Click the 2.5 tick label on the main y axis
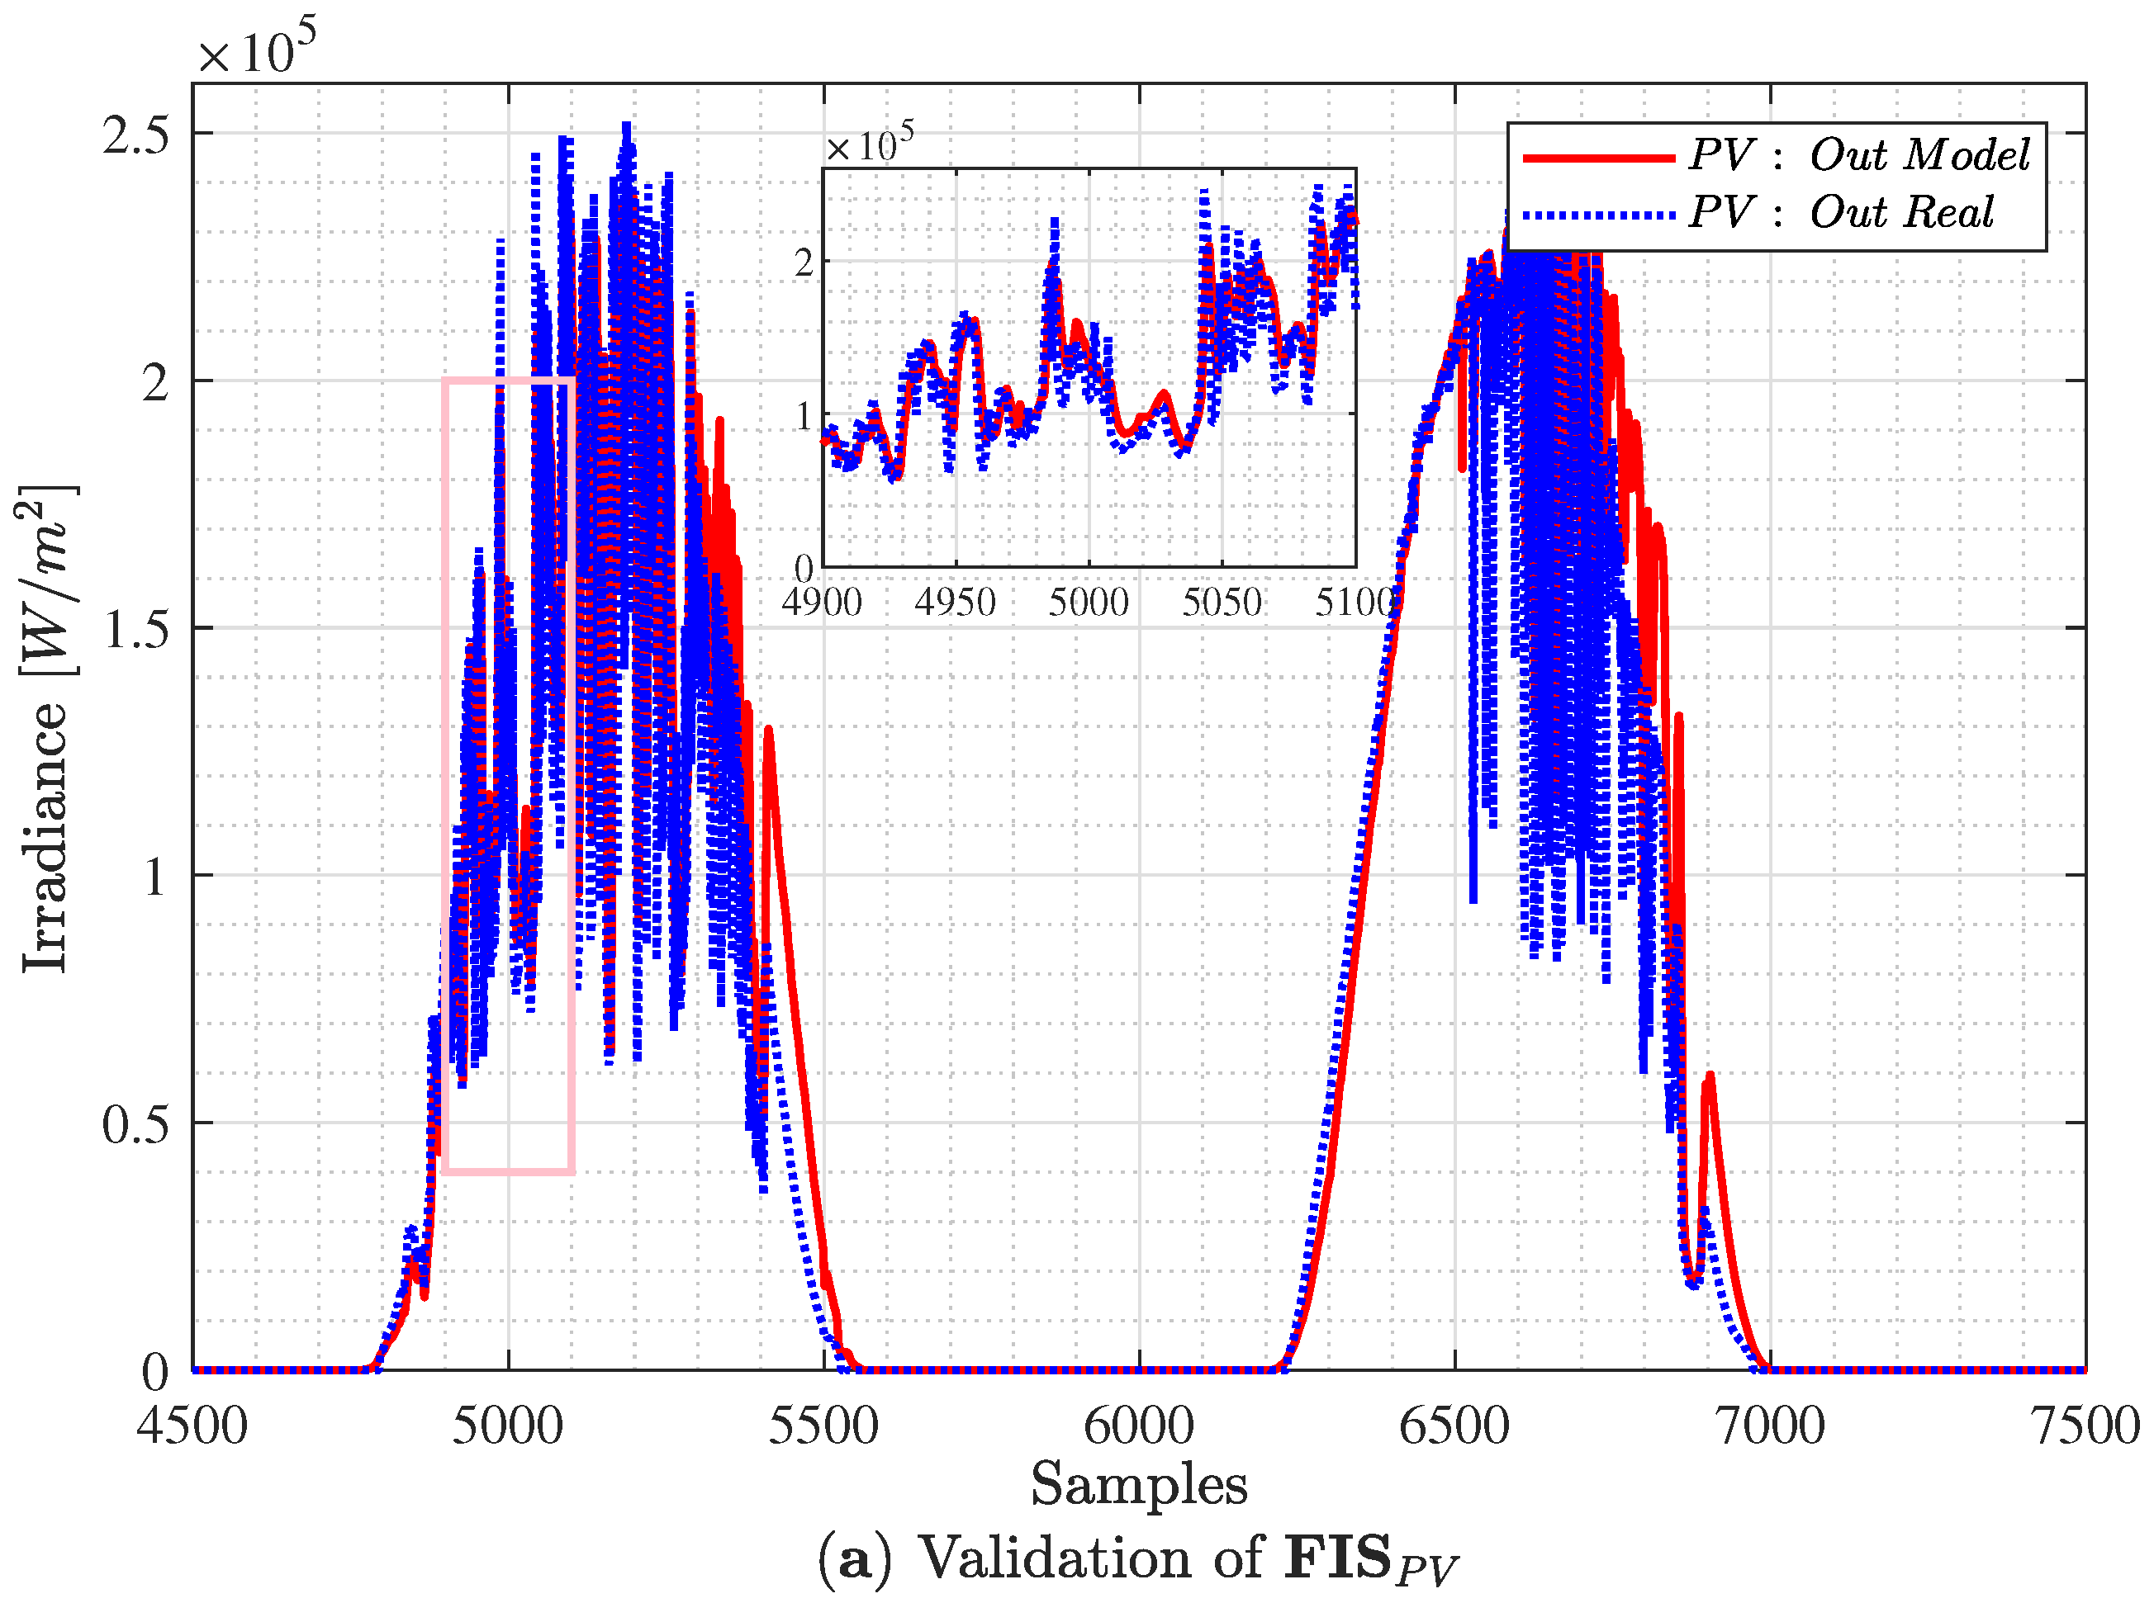point(136,134)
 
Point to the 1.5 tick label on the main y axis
point(136,629)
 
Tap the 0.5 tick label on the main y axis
point(136,1123)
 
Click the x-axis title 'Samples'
point(1139,1485)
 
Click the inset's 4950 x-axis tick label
point(955,603)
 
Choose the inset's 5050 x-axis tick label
point(1222,603)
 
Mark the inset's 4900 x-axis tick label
point(822,603)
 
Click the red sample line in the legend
point(1599,157)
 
